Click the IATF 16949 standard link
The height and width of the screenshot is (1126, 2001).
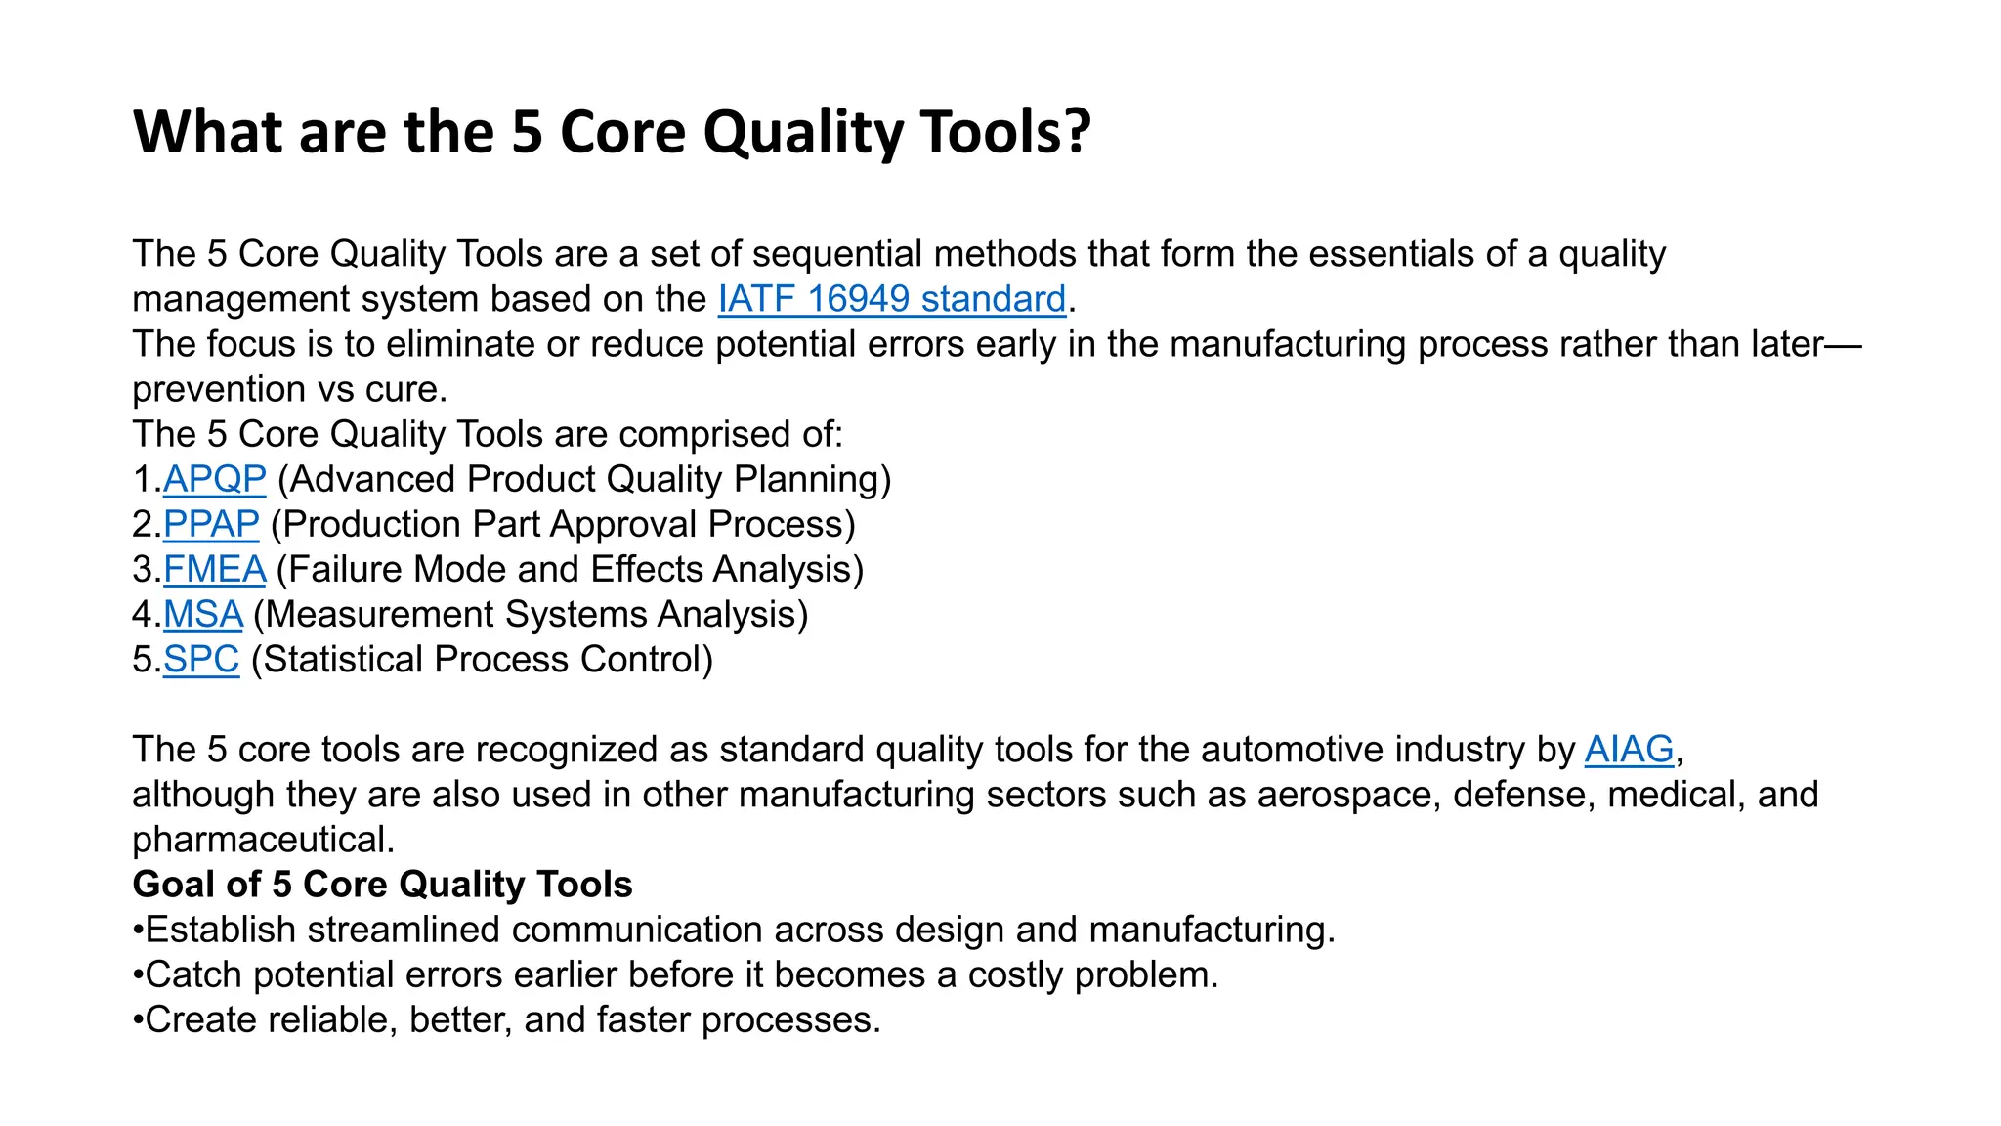891,299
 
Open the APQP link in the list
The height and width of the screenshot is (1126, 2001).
214,479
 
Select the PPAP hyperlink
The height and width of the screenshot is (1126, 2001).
211,524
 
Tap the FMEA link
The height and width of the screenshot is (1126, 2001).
214,569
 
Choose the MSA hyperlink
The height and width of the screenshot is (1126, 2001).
202,614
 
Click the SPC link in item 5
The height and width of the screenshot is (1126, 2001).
200,659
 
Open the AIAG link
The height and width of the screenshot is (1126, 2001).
1629,749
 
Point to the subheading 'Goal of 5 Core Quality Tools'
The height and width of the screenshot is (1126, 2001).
382,884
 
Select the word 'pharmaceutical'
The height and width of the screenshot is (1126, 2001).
262,839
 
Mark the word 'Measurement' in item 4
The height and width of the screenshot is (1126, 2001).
380,614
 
